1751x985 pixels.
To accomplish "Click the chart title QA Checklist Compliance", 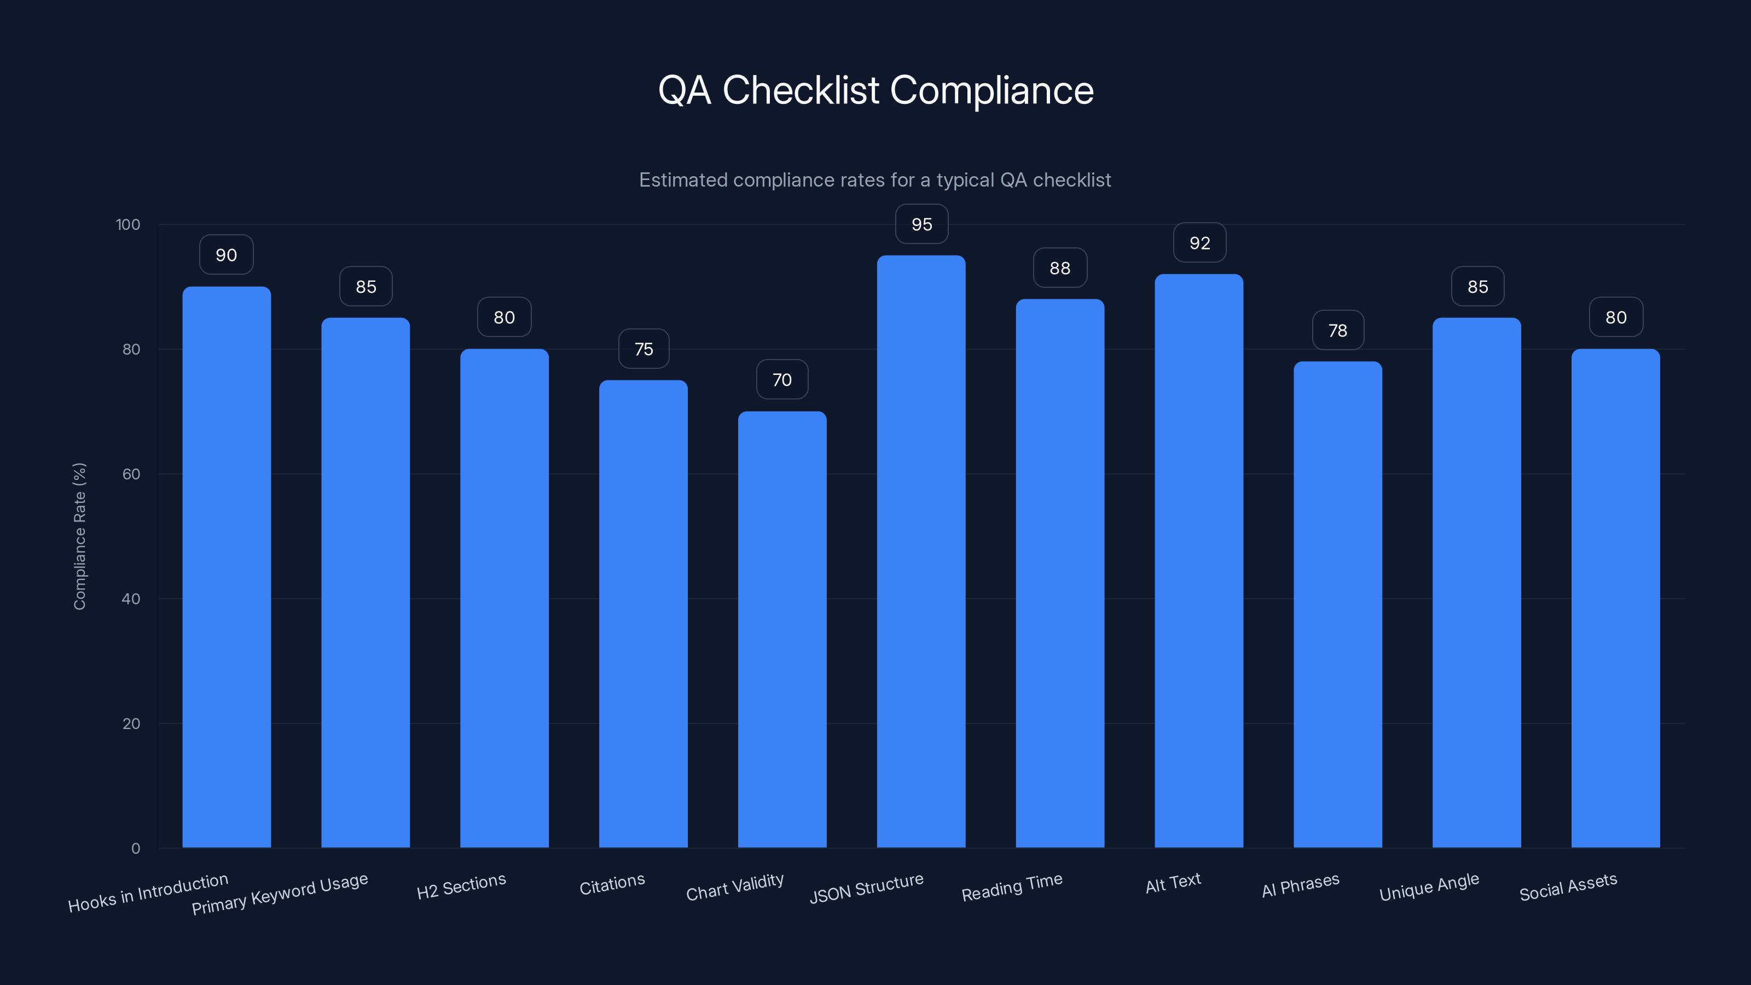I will (x=876, y=90).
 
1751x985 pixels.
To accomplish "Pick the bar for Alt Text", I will (x=1198, y=561).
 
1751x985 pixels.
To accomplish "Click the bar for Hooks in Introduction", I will (x=227, y=567).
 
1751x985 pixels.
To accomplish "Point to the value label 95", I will (x=921, y=224).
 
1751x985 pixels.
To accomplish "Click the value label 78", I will (x=1338, y=331).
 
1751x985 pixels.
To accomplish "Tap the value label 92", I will (x=1200, y=242).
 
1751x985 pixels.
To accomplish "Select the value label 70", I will (x=782, y=379).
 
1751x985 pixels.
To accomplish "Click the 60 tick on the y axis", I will (x=131, y=474).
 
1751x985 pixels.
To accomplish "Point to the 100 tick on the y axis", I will (x=128, y=224).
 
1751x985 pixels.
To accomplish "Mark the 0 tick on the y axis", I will (x=135, y=848).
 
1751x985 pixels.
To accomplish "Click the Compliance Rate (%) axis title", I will (x=79, y=536).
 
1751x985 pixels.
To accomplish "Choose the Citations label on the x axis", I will (x=612, y=884).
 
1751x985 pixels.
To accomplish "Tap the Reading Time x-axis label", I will (x=1011, y=887).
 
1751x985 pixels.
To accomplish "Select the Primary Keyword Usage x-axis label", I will (x=280, y=893).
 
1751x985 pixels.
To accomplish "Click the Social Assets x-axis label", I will (x=1568, y=887).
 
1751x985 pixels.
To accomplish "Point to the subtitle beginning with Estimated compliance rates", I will (x=875, y=179).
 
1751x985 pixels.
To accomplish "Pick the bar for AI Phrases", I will (x=1337, y=605).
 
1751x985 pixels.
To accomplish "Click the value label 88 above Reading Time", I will (x=1060, y=268).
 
